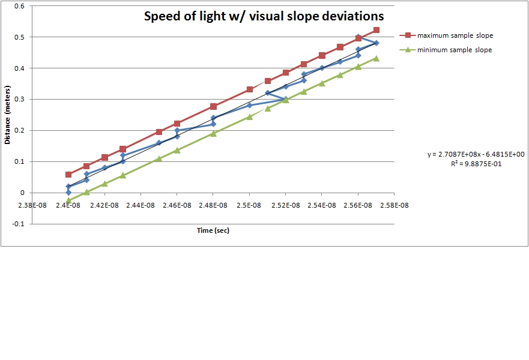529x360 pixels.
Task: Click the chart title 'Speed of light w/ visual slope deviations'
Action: click(264, 16)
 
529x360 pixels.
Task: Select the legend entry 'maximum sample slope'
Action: click(455, 35)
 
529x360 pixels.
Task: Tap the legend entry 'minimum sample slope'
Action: click(454, 50)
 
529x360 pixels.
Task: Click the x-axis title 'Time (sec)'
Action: click(214, 230)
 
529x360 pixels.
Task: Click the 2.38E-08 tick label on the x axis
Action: click(32, 204)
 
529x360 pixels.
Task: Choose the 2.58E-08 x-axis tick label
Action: click(394, 204)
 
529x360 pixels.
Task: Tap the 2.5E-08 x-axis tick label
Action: click(250, 204)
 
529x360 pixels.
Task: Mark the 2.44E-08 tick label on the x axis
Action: click(141, 204)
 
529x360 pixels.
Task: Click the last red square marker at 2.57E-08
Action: click(376, 30)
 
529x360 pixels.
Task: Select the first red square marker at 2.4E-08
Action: click(68, 175)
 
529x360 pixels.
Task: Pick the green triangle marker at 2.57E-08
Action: click(376, 58)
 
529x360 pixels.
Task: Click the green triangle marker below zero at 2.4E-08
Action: click(68, 200)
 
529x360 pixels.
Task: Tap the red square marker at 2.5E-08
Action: click(250, 89)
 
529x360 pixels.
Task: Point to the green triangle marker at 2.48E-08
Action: click(213, 133)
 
